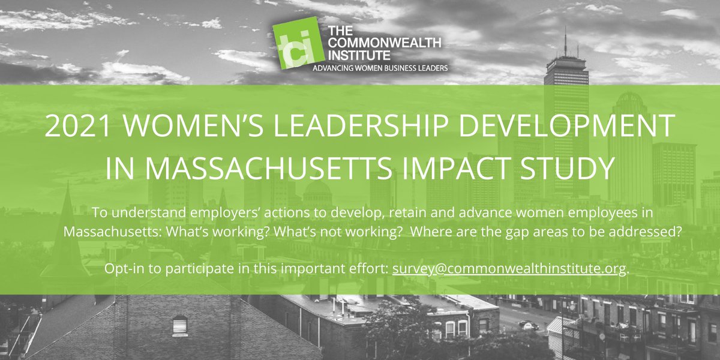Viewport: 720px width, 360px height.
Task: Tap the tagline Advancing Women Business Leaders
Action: pyautogui.click(x=380, y=68)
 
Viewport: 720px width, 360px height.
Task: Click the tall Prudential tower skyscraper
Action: pyautogui.click(x=565, y=120)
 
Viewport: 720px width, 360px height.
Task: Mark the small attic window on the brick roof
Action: pyautogui.click(x=180, y=326)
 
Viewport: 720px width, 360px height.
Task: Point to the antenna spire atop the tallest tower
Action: pyautogui.click(x=565, y=42)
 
